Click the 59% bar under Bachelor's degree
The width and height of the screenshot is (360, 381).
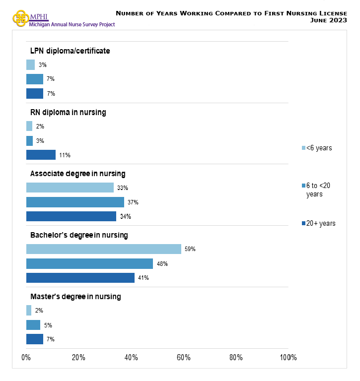coord(103,249)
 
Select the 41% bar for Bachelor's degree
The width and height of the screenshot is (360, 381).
coord(80,278)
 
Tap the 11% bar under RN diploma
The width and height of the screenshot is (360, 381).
coord(41,155)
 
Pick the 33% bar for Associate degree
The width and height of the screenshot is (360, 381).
coord(70,188)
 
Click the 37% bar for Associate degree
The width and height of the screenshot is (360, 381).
coord(74,202)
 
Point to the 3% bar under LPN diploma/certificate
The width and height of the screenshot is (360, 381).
coord(30,64)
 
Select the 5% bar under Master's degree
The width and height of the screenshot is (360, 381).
coord(33,325)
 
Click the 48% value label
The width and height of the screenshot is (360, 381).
coord(162,264)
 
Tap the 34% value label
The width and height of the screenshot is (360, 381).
coord(126,217)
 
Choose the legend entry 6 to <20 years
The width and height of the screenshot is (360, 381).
coord(318,190)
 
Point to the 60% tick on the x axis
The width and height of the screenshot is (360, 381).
coord(184,358)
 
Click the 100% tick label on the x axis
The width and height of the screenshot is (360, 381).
coord(288,358)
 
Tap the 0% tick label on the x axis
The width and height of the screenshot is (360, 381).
coord(26,358)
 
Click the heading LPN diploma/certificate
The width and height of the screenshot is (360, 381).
coord(70,51)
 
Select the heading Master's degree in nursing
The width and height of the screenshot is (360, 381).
coord(75,297)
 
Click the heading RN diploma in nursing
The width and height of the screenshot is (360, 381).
coord(68,112)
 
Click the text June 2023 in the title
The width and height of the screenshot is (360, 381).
coord(328,20)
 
